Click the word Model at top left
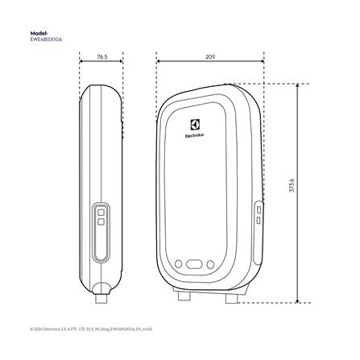(38, 33)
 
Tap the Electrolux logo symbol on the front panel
(194, 123)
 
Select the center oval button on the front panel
(195, 263)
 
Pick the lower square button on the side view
(101, 226)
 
